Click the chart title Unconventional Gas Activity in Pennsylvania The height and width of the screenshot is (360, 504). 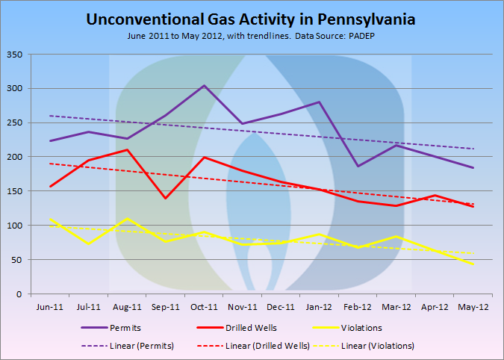[x=252, y=19]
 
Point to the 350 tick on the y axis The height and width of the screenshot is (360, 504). [x=15, y=55]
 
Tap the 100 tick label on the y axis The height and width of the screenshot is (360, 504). [x=15, y=226]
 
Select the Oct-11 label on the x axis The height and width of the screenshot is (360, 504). [x=204, y=306]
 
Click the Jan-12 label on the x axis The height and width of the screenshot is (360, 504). [x=320, y=306]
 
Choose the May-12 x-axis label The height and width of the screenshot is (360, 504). [x=473, y=306]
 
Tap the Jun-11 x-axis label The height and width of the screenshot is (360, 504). [x=50, y=306]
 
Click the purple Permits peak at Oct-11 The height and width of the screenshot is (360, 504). [x=204, y=85]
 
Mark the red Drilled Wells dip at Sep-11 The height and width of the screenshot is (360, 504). [x=165, y=198]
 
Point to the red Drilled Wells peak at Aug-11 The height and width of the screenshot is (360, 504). [x=127, y=149]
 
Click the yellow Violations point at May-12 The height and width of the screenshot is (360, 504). [x=473, y=264]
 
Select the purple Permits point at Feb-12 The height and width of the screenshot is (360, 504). [x=358, y=166]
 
